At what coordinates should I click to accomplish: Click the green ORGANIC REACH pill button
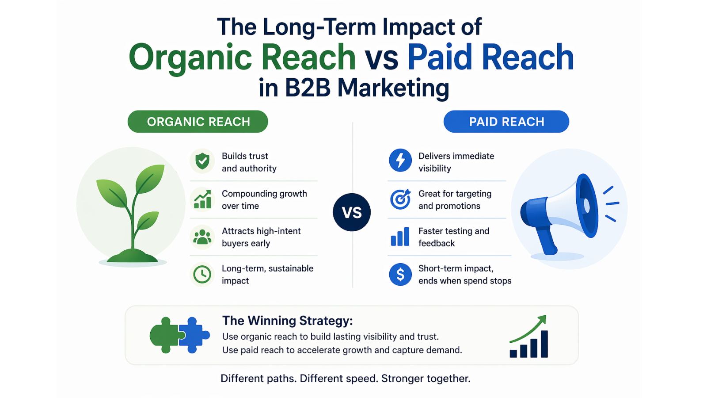tap(198, 122)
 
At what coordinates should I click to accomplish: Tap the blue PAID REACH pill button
tap(506, 122)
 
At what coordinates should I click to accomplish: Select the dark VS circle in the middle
tap(352, 212)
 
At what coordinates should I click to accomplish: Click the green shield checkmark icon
tap(202, 161)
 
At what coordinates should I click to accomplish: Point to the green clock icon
tap(202, 274)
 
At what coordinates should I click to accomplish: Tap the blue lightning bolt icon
tap(400, 160)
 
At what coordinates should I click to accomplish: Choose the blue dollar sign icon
tap(400, 274)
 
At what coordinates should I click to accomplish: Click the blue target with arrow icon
tap(400, 199)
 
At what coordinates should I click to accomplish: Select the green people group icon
tap(202, 237)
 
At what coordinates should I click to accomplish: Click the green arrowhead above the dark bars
tap(542, 320)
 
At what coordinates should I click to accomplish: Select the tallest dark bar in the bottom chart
tap(544, 344)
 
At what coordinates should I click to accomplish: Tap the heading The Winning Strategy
tap(288, 321)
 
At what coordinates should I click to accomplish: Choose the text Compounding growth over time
tap(264, 199)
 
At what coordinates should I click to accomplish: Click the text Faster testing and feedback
tap(453, 237)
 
